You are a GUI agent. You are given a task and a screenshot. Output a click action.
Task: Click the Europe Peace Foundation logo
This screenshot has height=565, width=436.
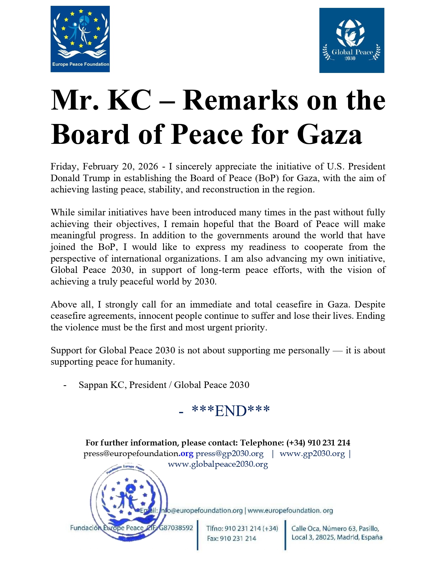tap(80, 39)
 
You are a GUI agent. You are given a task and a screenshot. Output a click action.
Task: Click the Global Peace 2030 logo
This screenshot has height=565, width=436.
tap(352, 40)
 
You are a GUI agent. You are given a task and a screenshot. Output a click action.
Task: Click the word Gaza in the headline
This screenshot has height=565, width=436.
tap(329, 134)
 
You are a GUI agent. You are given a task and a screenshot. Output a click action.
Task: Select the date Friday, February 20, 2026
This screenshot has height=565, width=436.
tap(104, 167)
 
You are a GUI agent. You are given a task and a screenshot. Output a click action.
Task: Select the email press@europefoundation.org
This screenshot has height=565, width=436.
tap(138, 454)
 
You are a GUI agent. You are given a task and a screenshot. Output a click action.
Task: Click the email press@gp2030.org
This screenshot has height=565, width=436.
tap(229, 454)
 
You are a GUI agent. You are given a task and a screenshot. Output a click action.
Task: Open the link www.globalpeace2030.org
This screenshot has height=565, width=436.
tap(218, 464)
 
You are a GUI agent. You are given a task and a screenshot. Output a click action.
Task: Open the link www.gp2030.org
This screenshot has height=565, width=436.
tap(312, 454)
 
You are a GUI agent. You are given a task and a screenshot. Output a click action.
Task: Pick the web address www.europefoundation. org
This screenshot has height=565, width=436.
tap(290, 511)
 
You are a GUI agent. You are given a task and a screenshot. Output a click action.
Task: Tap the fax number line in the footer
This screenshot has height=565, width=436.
tap(232, 539)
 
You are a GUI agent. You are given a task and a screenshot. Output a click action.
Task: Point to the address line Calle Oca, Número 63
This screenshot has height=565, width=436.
tap(335, 528)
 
